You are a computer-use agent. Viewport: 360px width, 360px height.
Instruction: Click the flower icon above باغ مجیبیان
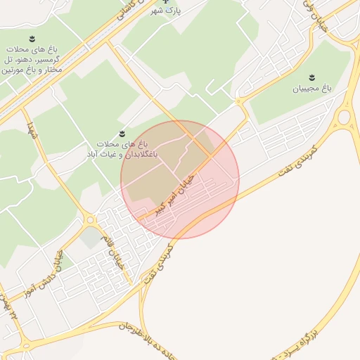311,77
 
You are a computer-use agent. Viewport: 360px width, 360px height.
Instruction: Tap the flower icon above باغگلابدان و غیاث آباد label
122,132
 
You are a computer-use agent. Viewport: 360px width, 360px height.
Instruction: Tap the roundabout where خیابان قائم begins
91,220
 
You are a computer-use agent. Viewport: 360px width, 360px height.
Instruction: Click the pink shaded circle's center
180,179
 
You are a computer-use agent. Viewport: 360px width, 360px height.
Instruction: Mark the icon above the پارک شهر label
165,1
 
